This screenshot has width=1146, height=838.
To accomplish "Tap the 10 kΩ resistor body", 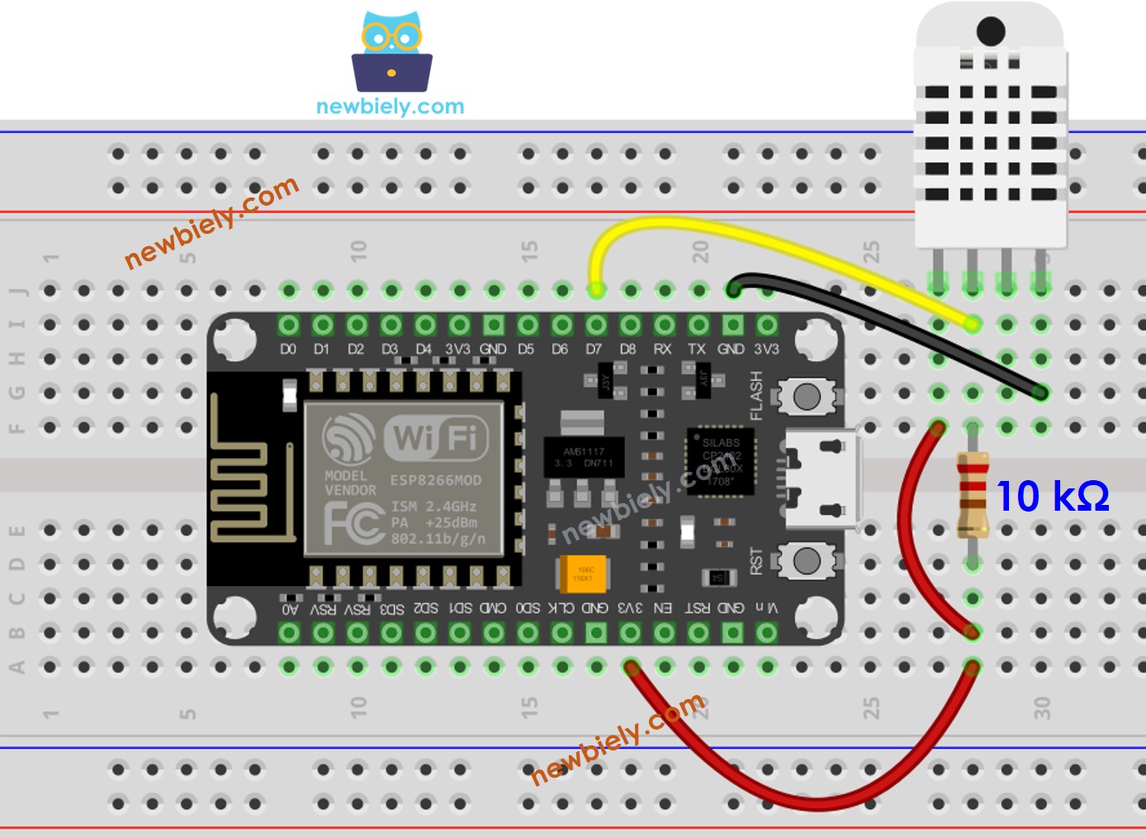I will pos(973,494).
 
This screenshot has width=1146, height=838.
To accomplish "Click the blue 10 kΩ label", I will pos(1053,496).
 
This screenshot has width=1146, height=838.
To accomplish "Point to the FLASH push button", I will pos(806,398).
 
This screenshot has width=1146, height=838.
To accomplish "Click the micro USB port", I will pos(822,479).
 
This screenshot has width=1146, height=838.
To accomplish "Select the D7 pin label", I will pos(594,350).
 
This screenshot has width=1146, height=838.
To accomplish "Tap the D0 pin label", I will pos(287,350).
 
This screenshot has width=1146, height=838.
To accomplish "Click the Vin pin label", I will pos(767,607).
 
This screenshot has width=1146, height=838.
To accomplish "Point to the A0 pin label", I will pos(289,609).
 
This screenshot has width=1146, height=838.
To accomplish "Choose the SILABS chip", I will pos(721,462).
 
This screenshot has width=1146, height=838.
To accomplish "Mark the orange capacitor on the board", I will pos(583,574).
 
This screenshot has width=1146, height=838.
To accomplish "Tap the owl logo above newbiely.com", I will pos(391,51).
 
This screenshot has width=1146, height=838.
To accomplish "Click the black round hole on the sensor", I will pos(990,31).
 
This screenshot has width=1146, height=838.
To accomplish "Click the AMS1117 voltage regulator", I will pos(584,457).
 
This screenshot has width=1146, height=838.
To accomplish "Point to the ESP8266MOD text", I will pos(435,480).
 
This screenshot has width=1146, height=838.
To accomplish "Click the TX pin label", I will pos(697,350).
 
